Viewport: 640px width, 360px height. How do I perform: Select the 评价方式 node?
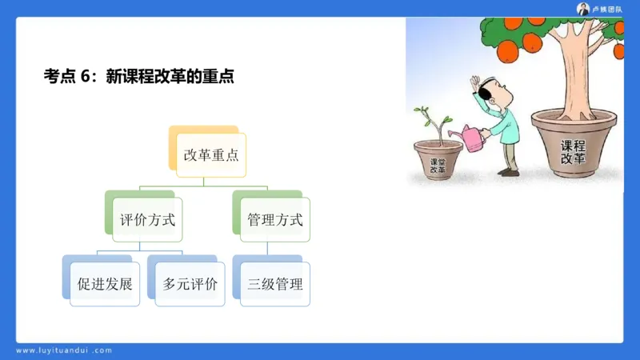point(146,219)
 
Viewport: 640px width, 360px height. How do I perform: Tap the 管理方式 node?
point(274,219)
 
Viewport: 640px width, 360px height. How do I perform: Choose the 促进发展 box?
point(104,284)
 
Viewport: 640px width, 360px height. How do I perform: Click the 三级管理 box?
point(275,284)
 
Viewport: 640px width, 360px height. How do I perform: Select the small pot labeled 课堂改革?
point(438,160)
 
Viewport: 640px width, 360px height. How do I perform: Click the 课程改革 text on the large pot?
point(573,152)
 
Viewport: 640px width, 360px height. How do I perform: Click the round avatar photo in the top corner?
point(582,9)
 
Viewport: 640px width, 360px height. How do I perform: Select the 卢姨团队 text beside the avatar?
point(607,9)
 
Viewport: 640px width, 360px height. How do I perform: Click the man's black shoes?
point(508,172)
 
